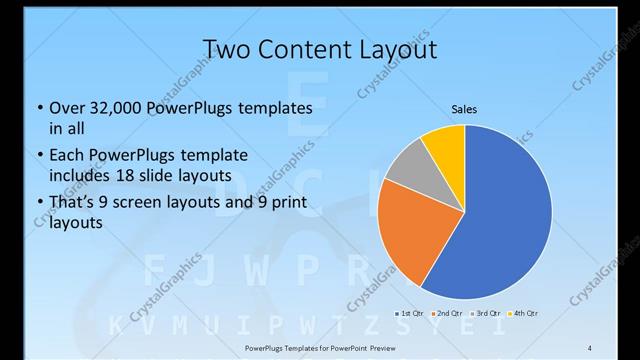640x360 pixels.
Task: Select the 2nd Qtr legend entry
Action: click(x=447, y=314)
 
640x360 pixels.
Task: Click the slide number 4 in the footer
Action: click(x=591, y=346)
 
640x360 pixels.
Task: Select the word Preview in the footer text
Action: click(x=379, y=346)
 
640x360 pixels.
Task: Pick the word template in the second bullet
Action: click(x=213, y=155)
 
